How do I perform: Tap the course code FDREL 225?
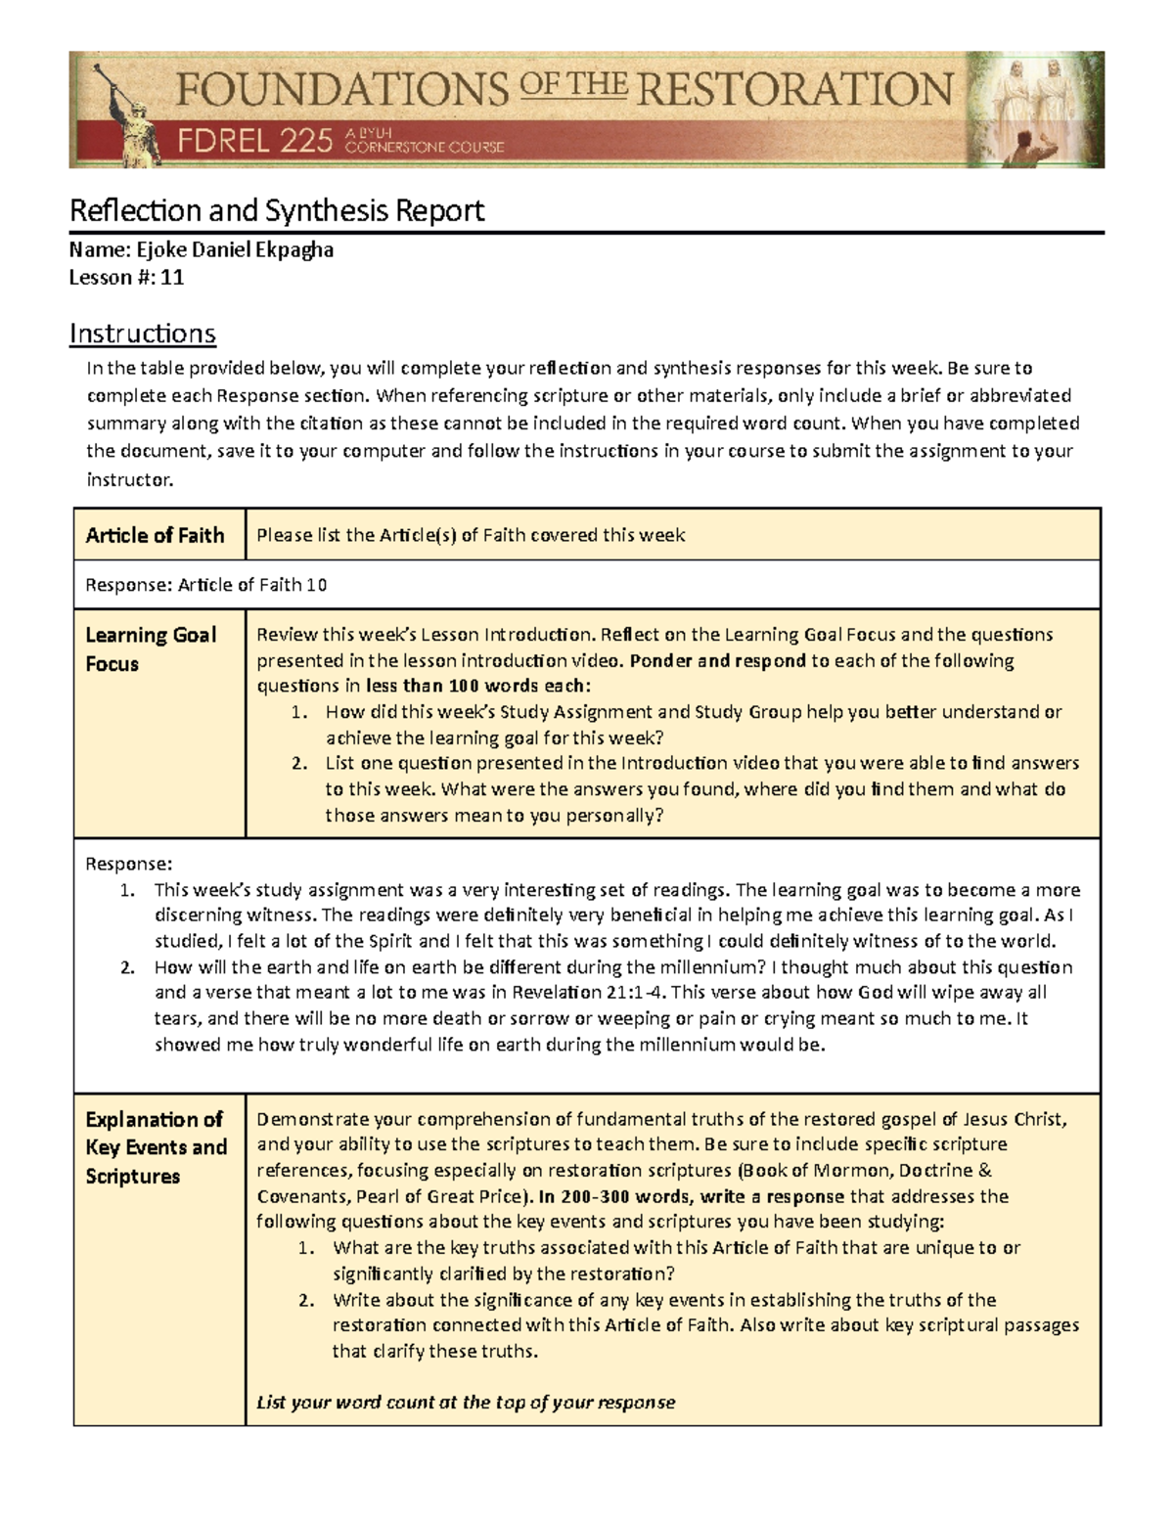click(255, 143)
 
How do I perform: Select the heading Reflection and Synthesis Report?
click(277, 210)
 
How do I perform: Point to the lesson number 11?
click(173, 277)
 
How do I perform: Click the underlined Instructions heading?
click(142, 334)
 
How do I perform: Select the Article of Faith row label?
click(156, 535)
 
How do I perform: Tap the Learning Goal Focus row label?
click(151, 649)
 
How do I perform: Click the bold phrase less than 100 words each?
click(478, 686)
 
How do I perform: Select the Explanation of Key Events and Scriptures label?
click(157, 1147)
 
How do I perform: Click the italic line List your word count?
click(466, 1402)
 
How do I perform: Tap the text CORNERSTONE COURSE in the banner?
click(425, 148)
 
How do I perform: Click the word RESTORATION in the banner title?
click(795, 90)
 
